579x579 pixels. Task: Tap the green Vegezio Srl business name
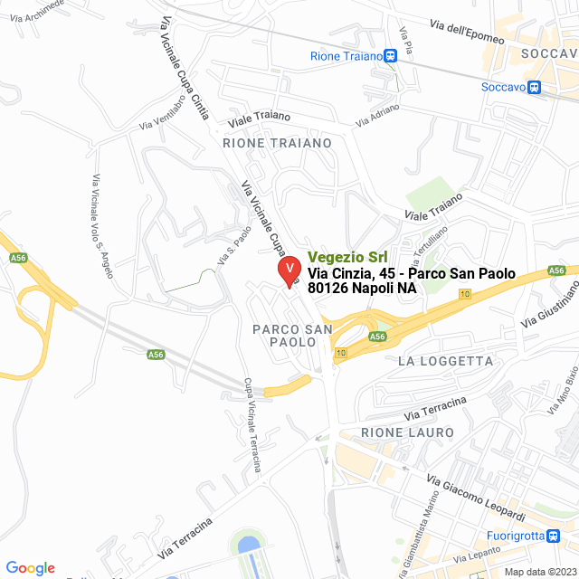click(347, 257)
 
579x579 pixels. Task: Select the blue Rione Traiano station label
click(345, 57)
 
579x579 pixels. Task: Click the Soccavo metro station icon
click(535, 88)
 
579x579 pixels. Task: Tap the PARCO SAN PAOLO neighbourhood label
click(286, 335)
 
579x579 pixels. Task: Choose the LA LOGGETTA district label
click(445, 361)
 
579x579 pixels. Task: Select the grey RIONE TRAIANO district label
click(277, 143)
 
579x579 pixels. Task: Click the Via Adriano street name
click(377, 115)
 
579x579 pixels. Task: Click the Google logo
click(30, 567)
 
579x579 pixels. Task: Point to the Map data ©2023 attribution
click(539, 572)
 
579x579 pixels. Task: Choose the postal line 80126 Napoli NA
click(362, 288)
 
